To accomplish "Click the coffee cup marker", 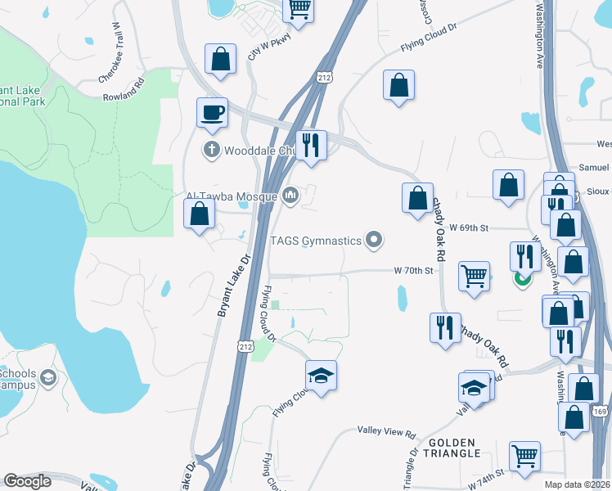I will coord(212,112).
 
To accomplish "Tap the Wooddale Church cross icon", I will coord(211,150).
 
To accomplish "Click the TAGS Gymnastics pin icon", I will coord(375,240).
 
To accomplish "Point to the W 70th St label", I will coord(412,270).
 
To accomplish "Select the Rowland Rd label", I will coord(124,84).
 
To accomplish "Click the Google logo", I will coord(27,481).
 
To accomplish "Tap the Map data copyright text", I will coord(578,484).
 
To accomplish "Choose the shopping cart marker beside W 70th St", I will coord(474,275).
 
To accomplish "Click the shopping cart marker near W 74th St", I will coord(524,455).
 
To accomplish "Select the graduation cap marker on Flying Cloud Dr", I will coord(321,376).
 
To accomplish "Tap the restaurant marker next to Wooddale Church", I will coord(311,145).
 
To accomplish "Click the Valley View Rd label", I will coord(387,430).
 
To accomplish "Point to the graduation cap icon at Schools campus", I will coord(48,377).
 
